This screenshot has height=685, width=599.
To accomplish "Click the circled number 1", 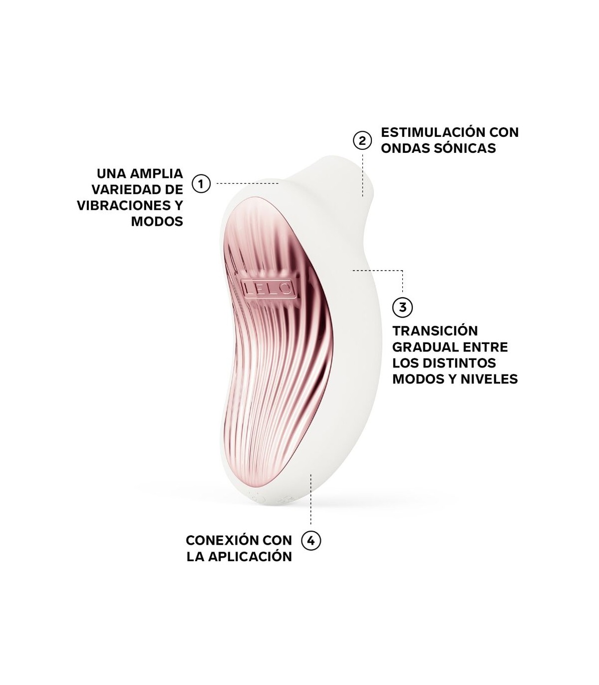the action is click(201, 183).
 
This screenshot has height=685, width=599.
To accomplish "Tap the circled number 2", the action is click(362, 140).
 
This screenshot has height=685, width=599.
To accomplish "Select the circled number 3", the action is click(402, 307).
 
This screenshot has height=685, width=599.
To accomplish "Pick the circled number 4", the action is click(311, 550).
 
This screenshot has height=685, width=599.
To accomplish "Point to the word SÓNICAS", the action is click(465, 148).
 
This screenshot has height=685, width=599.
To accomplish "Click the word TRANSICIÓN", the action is click(435, 331).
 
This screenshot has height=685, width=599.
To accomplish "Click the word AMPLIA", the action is click(156, 173).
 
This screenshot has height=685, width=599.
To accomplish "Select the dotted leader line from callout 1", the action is click(247, 183).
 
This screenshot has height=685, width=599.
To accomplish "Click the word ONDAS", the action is click(405, 148).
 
